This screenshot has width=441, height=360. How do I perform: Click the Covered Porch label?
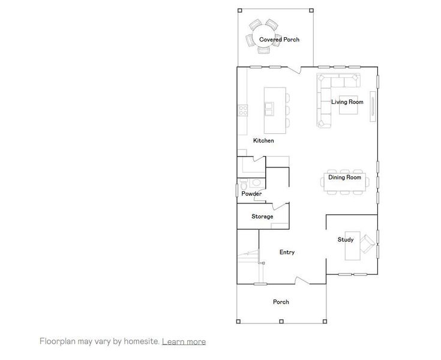click(x=279, y=40)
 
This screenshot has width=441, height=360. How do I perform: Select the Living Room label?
click(x=347, y=102)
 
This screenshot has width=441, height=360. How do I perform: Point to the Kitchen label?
click(x=263, y=140)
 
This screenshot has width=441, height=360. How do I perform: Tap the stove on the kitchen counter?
click(x=243, y=110)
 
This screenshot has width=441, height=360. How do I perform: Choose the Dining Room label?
click(x=344, y=178)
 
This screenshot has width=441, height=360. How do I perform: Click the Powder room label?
click(x=251, y=194)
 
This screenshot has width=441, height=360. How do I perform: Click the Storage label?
click(x=262, y=217)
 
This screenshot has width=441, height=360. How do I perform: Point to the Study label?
click(x=345, y=240)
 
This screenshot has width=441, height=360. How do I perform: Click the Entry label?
click(x=287, y=253)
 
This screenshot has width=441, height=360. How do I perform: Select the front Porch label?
click(x=281, y=302)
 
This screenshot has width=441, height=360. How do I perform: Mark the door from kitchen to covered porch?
click(x=294, y=71)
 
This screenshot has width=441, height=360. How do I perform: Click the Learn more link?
click(x=184, y=341)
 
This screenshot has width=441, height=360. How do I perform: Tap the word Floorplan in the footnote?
click(x=58, y=341)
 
